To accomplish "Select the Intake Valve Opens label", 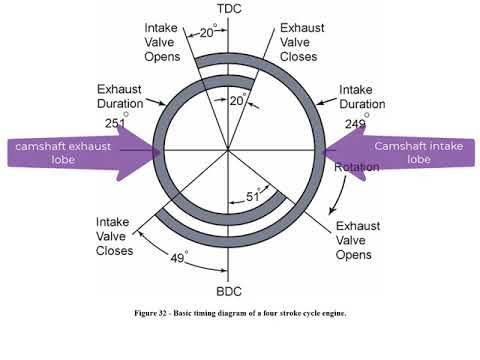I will [162, 42].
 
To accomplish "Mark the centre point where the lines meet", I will [229, 152].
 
